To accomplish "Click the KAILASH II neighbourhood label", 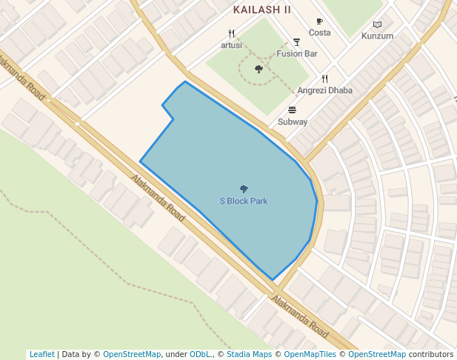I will coord(262,10).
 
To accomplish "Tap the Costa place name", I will coord(320,33).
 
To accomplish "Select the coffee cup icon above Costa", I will coord(320,21).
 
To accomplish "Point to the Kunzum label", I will coord(377,36).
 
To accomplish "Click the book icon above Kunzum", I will coord(377,24).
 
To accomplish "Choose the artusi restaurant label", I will coord(231,44).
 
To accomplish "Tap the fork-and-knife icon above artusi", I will coord(231,33).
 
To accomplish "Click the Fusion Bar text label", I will coord(297,53).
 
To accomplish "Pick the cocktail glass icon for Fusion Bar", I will coord(297,42).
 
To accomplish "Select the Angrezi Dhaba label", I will coord(324,90).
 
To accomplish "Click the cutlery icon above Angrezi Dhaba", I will coord(324,79).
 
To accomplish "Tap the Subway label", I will coord(293,121).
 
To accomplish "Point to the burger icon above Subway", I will coord(292,110).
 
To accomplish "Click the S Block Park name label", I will coord(244,201).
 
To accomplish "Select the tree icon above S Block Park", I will coord(244,190).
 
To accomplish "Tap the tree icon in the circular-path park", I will coord(258,69).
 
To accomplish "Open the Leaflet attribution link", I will coord(41,354).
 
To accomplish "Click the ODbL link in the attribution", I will coord(200,354).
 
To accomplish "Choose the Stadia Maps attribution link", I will coord(249,354).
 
